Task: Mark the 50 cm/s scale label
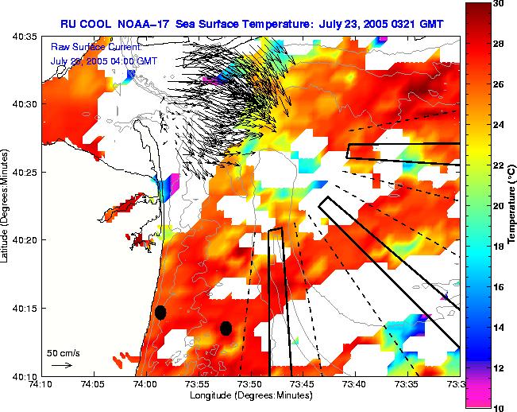click(x=63, y=352)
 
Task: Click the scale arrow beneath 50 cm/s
click(x=61, y=365)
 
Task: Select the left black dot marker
click(x=160, y=312)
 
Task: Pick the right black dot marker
click(x=226, y=328)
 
